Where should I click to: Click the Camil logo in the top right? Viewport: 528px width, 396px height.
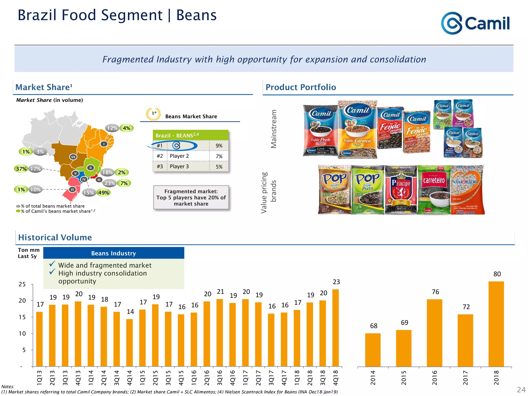[475, 23]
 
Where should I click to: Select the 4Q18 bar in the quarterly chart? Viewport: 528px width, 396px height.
[335, 328]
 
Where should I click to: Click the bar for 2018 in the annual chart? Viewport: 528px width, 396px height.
[496, 324]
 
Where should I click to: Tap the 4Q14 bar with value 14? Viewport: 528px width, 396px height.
[129, 343]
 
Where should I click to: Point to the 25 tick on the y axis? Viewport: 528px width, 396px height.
[22, 284]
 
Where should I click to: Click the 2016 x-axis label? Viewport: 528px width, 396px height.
[435, 378]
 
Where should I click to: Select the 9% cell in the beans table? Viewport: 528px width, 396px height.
[219, 146]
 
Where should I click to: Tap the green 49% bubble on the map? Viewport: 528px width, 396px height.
[104, 193]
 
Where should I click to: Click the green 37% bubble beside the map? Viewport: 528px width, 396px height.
[21, 169]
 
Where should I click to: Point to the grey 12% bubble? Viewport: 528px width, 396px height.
[112, 128]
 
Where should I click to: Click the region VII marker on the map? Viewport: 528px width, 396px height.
[73, 157]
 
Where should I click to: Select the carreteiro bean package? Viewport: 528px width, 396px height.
[434, 190]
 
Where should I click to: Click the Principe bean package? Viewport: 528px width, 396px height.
[401, 190]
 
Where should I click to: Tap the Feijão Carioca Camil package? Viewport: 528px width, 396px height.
[357, 130]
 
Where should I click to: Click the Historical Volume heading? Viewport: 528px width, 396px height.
[55, 237]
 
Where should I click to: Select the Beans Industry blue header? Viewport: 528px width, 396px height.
[113, 253]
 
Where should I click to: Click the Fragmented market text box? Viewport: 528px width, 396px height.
[191, 197]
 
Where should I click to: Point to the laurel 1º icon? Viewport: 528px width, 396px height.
[153, 114]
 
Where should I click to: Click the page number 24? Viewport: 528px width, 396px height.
[521, 390]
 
